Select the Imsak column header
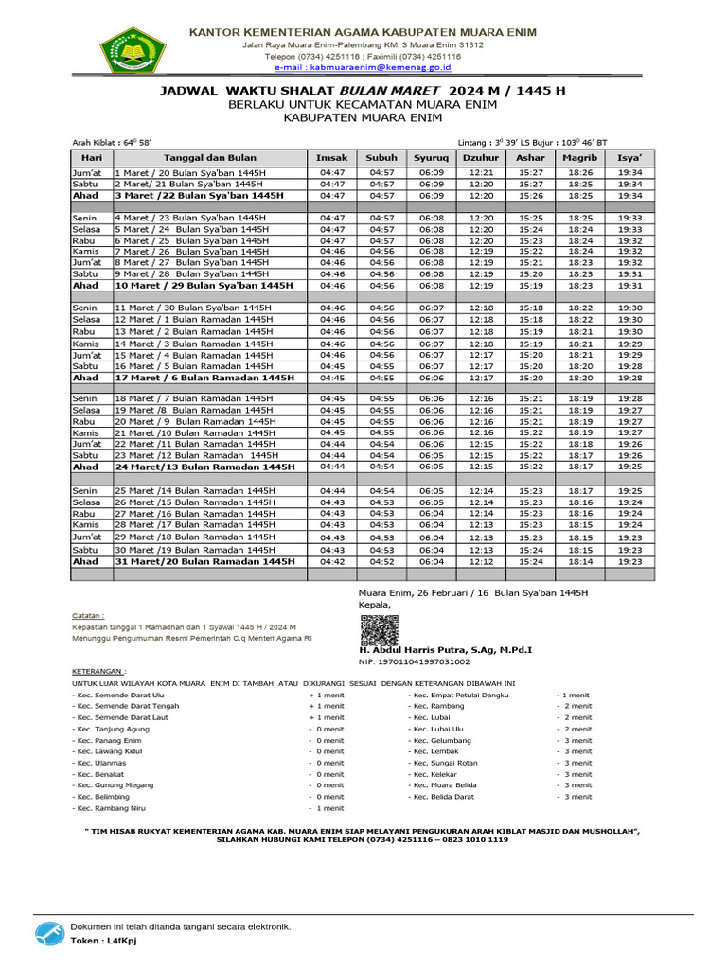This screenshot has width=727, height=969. pos(331,158)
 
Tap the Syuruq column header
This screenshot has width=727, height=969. pos(431,158)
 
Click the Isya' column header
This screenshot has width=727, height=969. pos(629,158)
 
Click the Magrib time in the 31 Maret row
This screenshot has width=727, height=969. pos(579,561)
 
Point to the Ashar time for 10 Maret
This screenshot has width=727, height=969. pos(530,285)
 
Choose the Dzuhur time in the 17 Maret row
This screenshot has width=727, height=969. pos(481,377)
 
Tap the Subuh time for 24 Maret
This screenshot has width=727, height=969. pos(381,467)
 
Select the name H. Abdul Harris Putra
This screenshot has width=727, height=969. pos(445,651)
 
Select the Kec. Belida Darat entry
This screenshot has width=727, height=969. pos(442,797)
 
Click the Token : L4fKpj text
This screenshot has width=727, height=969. pos(102,942)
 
